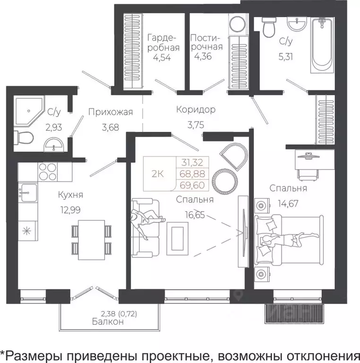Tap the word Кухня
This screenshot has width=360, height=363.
pyautogui.click(x=71, y=194)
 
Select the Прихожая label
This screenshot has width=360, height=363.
pyautogui.click(x=110, y=112)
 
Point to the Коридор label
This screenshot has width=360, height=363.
pyautogui.click(x=196, y=110)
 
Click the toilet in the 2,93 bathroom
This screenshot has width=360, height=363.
pyautogui.click(x=23, y=138)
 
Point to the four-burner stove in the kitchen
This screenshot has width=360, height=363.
pyautogui.click(x=47, y=172)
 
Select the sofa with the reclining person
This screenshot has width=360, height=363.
pyautogui.click(x=144, y=226)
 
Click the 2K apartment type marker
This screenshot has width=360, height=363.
pyautogui.click(x=157, y=173)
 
